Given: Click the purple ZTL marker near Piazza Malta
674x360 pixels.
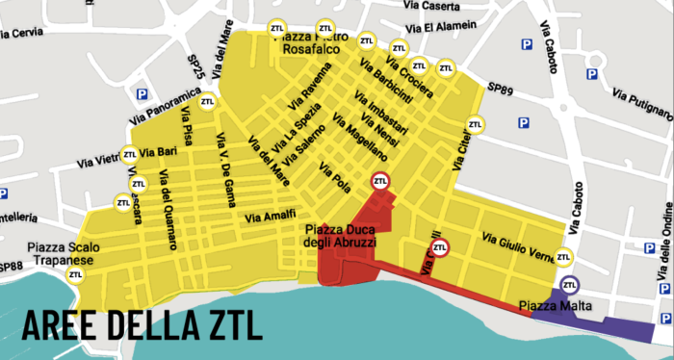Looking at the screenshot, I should pyautogui.click(x=570, y=285).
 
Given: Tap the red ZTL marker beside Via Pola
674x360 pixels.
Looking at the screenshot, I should pyautogui.click(x=380, y=181).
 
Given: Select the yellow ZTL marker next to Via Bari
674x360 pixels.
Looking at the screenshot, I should pyautogui.click(x=129, y=153).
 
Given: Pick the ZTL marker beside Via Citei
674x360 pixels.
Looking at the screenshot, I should pyautogui.click(x=475, y=124).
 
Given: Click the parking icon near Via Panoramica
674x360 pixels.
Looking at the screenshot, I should pyautogui.click(x=142, y=94).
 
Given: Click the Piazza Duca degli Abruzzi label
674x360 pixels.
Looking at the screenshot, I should pyautogui.click(x=347, y=236).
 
